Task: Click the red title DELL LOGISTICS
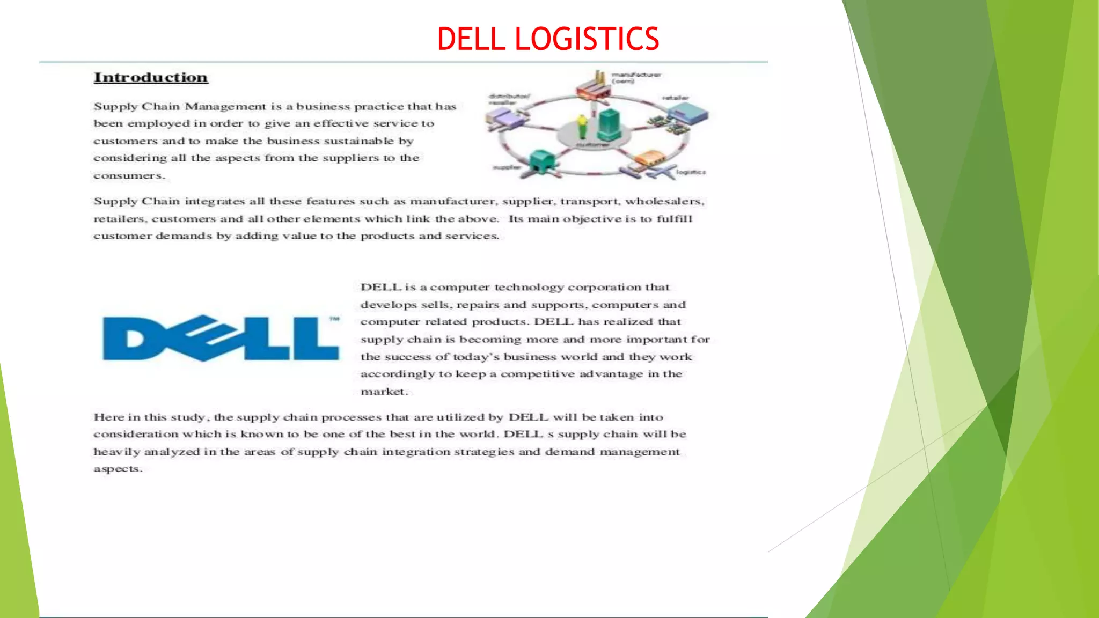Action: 548,39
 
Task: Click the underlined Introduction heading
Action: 151,78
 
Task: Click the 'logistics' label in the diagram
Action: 691,172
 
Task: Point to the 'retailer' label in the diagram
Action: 675,98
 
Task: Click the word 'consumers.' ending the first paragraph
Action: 129,176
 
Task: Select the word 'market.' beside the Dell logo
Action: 384,392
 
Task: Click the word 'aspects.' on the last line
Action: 118,469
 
